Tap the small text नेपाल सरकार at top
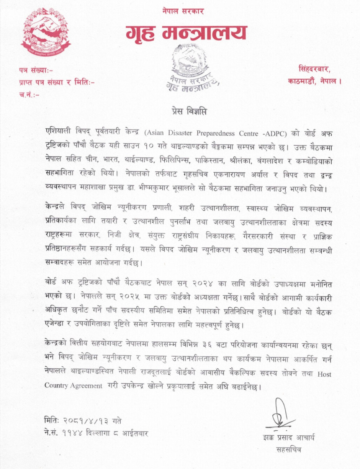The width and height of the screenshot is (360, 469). [x=183, y=11]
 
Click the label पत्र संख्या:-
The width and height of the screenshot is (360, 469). [x=36, y=71]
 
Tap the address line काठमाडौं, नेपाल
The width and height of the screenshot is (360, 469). [x=314, y=82]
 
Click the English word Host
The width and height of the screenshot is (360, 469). [x=325, y=374]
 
